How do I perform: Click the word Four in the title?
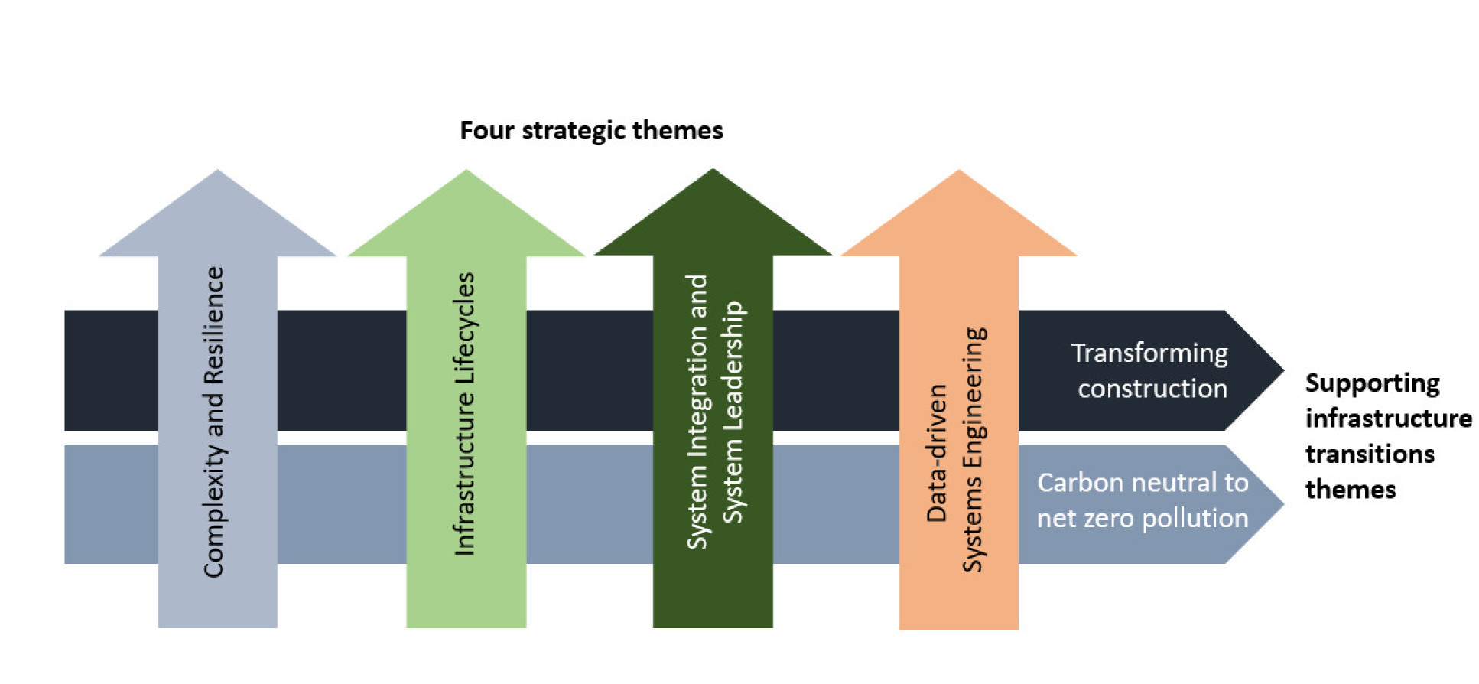pyautogui.click(x=486, y=131)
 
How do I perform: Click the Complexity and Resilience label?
pyautogui.click(x=213, y=422)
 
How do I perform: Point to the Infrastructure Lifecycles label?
pyautogui.click(x=464, y=414)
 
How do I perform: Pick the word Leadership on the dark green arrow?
pyautogui.click(x=733, y=412)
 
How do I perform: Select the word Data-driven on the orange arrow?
pyautogui.click(x=937, y=453)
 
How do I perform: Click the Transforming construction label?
pyautogui.click(x=1150, y=370)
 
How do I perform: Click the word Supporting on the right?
pyautogui.click(x=1372, y=383)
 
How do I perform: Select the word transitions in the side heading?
pyautogui.click(x=1370, y=454)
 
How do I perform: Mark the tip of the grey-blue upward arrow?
pyautogui.click(x=218, y=171)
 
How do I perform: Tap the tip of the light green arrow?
pyautogui.click(x=466, y=171)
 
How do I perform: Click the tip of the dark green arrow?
pyautogui.click(x=713, y=170)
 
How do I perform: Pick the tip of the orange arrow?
pyautogui.click(x=959, y=171)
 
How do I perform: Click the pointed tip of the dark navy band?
pyautogui.click(x=1282, y=370)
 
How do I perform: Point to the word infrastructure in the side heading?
pyautogui.click(x=1388, y=419)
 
